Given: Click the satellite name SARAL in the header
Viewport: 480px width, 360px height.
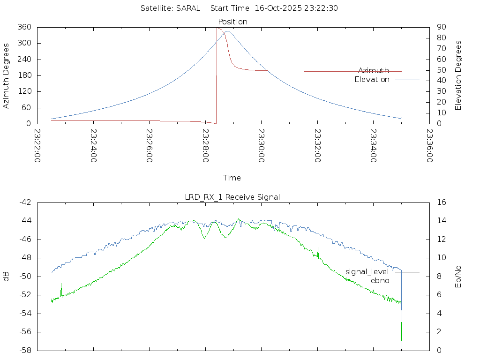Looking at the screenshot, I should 188,8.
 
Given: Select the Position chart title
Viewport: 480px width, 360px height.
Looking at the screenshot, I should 233,22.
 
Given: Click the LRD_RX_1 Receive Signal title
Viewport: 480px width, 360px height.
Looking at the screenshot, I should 232,197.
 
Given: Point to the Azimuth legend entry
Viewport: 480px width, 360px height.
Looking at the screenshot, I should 374,70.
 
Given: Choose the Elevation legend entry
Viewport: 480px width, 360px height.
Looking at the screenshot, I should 372,80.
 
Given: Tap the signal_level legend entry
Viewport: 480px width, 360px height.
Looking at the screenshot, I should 367,271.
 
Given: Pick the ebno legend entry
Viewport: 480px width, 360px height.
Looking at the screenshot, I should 380,280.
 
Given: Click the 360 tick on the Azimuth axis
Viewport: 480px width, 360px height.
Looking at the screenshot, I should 24,27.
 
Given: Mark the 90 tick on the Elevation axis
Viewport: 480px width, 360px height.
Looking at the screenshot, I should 441,27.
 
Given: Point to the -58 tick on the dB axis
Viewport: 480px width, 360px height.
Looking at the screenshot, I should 24,350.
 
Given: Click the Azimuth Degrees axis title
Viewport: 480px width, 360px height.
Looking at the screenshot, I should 7,75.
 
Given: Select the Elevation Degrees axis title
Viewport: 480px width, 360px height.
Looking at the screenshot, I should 458,75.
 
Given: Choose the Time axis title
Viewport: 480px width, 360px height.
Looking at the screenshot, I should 232,178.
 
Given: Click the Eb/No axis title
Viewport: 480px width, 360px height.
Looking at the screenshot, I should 458,276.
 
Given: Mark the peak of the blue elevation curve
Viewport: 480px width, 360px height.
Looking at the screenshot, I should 227,31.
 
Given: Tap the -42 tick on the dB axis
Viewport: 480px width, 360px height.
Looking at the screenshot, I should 24,202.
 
